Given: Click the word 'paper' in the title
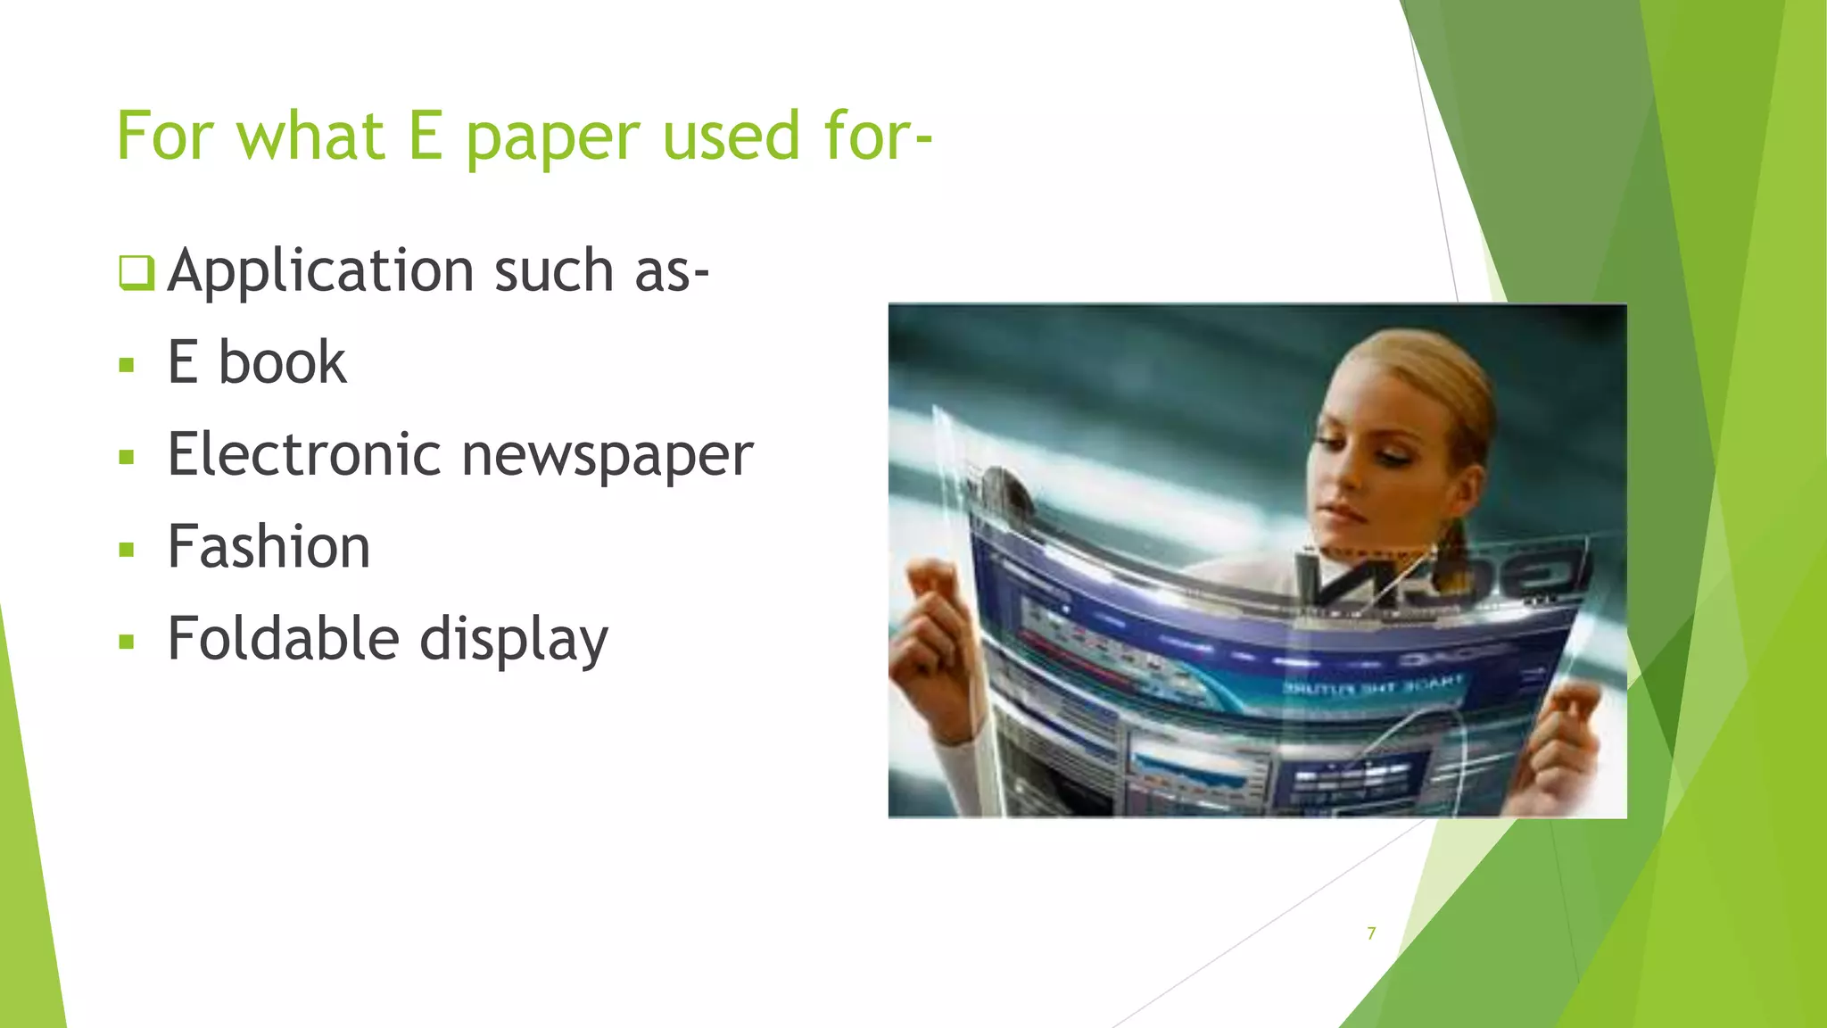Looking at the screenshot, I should pyautogui.click(x=552, y=138).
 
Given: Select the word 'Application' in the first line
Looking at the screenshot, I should pyautogui.click(x=320, y=271).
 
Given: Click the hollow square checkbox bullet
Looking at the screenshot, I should pyautogui.click(x=136, y=272).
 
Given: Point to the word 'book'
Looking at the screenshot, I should pyautogui.click(x=282, y=363).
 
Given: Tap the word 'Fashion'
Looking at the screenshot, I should pyautogui.click(x=269, y=547).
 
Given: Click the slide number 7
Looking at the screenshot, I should pyautogui.click(x=1371, y=933).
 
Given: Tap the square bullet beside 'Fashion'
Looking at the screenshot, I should pyautogui.click(x=127, y=550).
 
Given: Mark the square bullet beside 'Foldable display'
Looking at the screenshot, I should pyautogui.click(x=127, y=642).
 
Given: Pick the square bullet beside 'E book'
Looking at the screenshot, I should pyautogui.click(x=127, y=366).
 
